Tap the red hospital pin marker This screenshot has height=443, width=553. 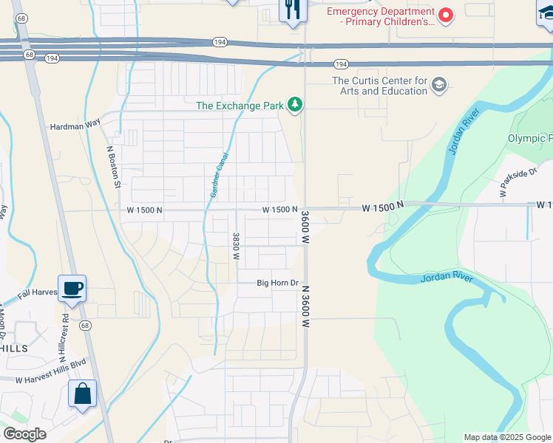(x=446, y=14)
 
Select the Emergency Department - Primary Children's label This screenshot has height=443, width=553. (x=380, y=16)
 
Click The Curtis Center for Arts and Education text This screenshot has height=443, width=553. (x=380, y=86)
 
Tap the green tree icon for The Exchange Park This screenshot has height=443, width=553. (x=296, y=105)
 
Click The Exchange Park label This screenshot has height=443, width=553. (x=240, y=106)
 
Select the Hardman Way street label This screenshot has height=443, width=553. (x=75, y=126)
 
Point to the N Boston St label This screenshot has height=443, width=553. (x=113, y=166)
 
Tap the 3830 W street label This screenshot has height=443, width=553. (x=236, y=245)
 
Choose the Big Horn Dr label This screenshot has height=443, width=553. (x=277, y=283)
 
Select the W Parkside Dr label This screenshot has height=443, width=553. (x=517, y=183)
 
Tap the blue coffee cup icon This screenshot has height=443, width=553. (x=72, y=289)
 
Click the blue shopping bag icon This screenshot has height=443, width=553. (x=82, y=394)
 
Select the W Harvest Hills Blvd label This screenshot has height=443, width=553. (x=51, y=381)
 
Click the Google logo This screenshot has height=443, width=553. (x=24, y=434)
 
